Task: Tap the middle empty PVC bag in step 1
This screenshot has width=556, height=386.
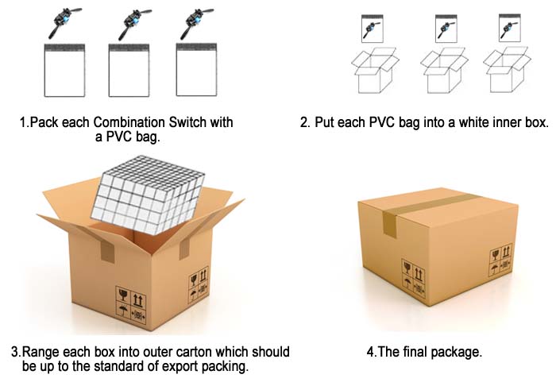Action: [x=129, y=70]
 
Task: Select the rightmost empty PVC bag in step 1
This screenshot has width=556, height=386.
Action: [x=196, y=69]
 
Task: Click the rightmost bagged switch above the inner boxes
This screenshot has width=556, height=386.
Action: [x=510, y=28]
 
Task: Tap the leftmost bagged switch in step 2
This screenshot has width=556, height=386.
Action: [x=373, y=29]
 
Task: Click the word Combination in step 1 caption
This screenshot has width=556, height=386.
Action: [x=129, y=122]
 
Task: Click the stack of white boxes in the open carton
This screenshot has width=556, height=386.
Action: [x=149, y=195]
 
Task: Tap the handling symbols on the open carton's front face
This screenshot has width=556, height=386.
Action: [x=131, y=304]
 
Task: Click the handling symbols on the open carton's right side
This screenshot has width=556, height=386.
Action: [x=199, y=285]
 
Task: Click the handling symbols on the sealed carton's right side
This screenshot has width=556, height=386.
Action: [x=500, y=260]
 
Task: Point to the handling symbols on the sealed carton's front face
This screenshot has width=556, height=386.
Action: [x=414, y=278]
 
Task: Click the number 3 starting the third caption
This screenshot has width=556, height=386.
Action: [x=15, y=353]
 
